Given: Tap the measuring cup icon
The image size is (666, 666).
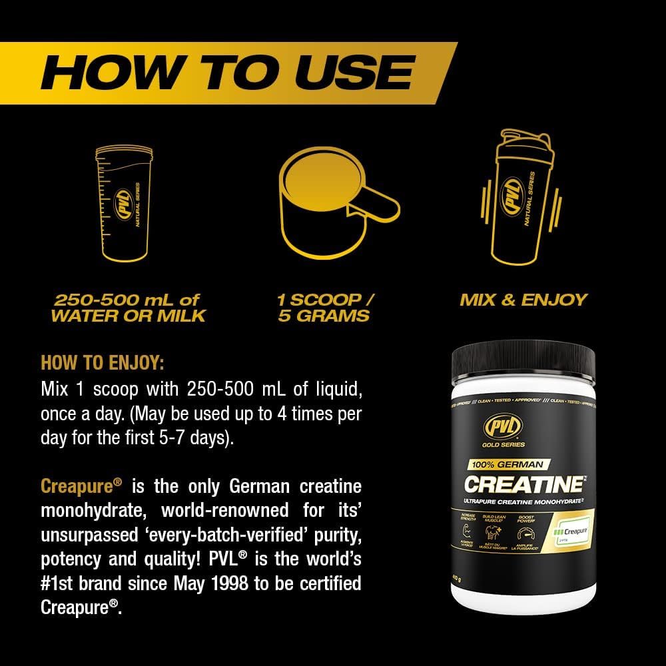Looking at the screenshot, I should coord(123,206).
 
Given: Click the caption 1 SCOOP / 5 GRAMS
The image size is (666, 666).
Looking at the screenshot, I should coord(325,307).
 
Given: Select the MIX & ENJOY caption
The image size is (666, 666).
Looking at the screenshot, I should coord(523,300).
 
